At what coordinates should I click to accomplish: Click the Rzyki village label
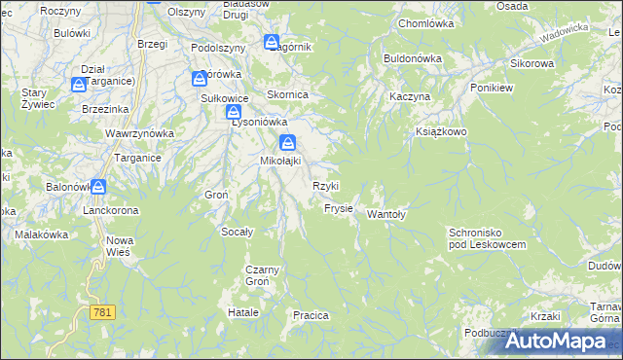coord(325,186)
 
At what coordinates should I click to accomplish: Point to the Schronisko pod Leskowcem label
coord(487,238)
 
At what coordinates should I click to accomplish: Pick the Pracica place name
coord(311,315)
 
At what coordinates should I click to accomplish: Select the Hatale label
coord(242,312)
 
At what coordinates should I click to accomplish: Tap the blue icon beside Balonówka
coord(99,186)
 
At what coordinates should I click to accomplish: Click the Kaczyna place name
coord(409,98)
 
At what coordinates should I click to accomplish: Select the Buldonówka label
coord(413,58)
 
